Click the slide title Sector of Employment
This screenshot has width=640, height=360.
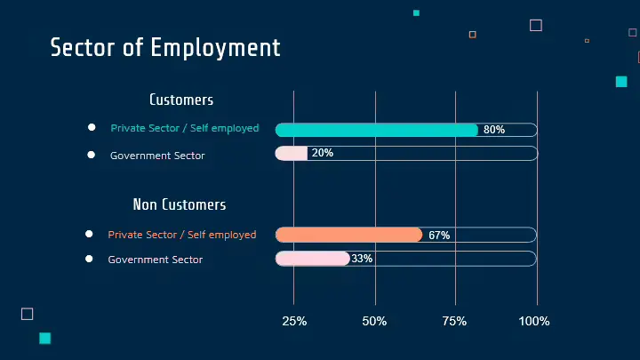[165, 47]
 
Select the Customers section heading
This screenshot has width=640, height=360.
[181, 100]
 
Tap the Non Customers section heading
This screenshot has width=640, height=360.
[180, 204]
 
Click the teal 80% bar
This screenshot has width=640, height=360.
[376, 130]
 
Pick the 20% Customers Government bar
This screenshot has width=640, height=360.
[291, 153]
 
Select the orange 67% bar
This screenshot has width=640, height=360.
[348, 235]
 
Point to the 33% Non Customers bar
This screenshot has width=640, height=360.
[312, 259]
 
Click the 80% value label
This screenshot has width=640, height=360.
[494, 130]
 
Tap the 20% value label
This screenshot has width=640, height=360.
[323, 153]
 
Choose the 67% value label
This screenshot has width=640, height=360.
[439, 236]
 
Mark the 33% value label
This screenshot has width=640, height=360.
[362, 259]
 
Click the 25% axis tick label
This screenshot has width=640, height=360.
[294, 321]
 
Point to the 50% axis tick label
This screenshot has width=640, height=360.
[374, 321]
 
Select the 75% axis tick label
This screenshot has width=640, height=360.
[454, 321]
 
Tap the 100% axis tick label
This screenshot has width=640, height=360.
[535, 321]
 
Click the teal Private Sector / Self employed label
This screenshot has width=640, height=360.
[185, 128]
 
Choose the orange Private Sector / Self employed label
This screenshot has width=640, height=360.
[182, 235]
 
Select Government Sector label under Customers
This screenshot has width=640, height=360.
[157, 156]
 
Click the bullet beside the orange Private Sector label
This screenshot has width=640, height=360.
[89, 234]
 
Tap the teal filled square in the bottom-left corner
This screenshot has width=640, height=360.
[45, 338]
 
